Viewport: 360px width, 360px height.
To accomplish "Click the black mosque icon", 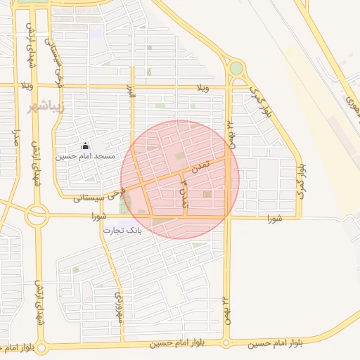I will click(x=86, y=146).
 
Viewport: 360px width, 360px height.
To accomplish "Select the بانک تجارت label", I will click(x=123, y=230).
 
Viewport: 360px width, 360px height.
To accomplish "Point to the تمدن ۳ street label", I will click(x=184, y=193).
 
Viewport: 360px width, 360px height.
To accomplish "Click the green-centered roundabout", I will click(x=236, y=69).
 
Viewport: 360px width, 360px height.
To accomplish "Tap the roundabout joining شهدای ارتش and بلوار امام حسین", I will click(x=40, y=347).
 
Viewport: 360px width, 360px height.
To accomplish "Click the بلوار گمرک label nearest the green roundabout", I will click(x=259, y=101).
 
